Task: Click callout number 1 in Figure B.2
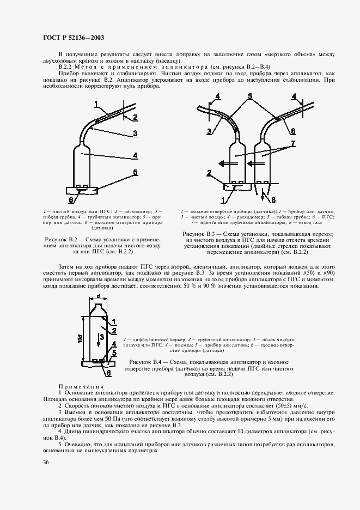point(96,104)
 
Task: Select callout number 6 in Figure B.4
point(108,373)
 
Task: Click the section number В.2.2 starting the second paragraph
point(66,66)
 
